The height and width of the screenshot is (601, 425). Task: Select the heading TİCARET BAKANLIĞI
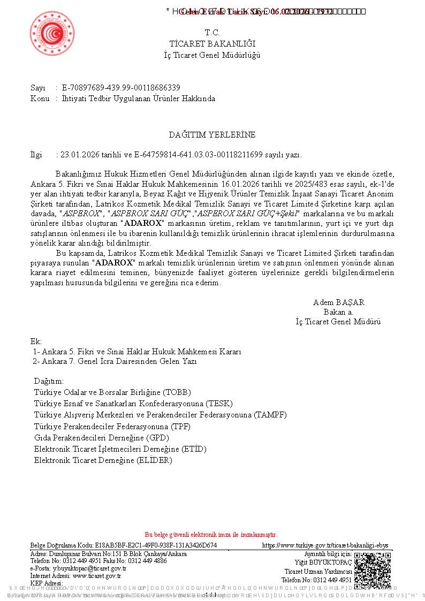(212, 44)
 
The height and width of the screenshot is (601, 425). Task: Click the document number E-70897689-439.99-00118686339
(121, 88)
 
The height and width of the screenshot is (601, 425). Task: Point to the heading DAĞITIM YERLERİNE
(212, 135)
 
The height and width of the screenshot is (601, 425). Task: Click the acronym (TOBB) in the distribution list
(177, 392)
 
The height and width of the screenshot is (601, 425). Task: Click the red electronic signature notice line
(211, 535)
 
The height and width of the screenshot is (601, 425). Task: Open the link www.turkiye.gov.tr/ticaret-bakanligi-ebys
(325, 545)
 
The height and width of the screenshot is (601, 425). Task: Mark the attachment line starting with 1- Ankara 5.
(137, 352)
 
